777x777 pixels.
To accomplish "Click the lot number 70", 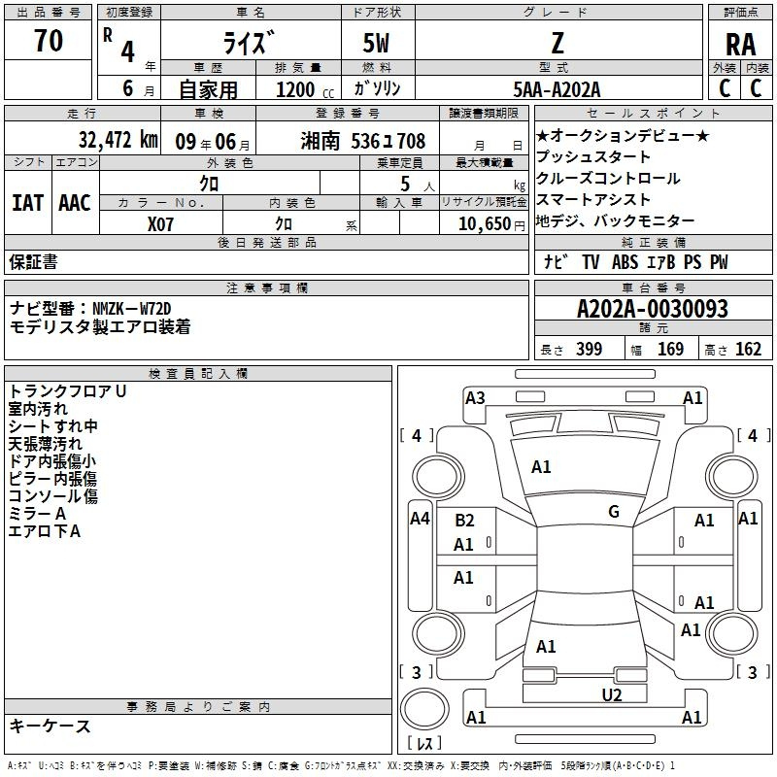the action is (x=49, y=40).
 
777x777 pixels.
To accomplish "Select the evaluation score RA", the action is (x=741, y=45).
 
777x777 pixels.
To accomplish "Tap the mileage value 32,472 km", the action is (x=118, y=140).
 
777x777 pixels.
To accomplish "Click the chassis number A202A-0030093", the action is (x=653, y=309).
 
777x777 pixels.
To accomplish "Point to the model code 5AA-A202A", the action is (x=557, y=89).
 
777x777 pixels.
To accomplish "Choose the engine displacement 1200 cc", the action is (x=305, y=89).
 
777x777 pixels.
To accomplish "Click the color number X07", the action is (x=160, y=224).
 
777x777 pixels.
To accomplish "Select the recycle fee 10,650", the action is (x=485, y=224).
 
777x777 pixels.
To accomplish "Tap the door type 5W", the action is (x=376, y=43).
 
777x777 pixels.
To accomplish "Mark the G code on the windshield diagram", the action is (x=614, y=511).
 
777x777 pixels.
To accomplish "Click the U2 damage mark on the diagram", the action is (x=612, y=694).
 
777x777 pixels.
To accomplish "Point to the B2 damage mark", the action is (x=464, y=521).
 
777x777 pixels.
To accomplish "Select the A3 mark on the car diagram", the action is (x=475, y=398).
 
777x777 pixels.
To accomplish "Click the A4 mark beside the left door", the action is (x=420, y=519).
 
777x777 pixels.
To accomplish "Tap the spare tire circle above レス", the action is (x=424, y=710).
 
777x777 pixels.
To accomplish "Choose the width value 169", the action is (x=670, y=349).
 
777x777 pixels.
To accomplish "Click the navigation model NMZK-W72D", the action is (x=132, y=309).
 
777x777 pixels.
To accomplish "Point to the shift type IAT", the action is (x=28, y=203).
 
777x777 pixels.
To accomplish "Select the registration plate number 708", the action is (x=411, y=141).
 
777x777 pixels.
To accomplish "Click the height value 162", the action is (x=748, y=349).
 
